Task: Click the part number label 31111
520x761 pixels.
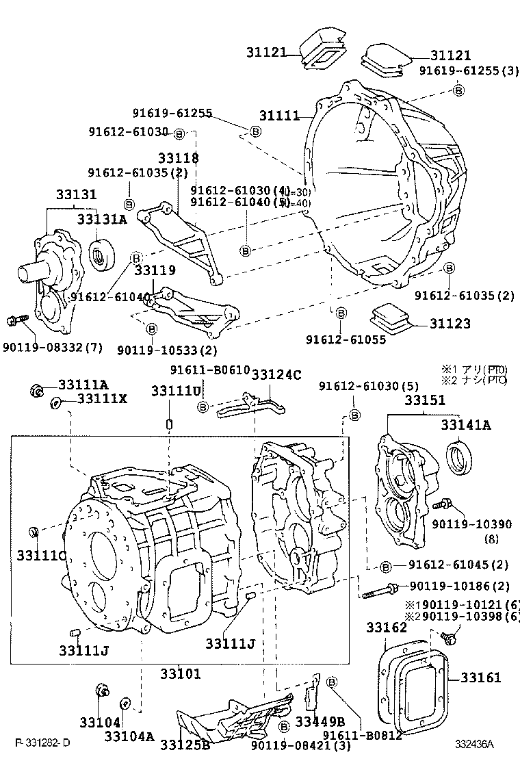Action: [x=279, y=116]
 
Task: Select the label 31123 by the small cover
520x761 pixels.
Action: [x=452, y=322]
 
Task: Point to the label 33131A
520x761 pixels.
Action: [x=101, y=219]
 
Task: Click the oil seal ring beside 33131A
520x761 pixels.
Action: [x=104, y=255]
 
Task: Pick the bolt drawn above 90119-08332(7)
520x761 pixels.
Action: [x=16, y=320]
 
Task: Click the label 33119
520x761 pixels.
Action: [x=155, y=270]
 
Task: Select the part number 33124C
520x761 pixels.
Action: [x=276, y=374]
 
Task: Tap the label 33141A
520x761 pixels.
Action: [x=465, y=425]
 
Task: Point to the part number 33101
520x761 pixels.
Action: [x=180, y=673]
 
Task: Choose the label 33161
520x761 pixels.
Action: [x=480, y=678]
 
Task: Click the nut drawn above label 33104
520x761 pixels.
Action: [x=101, y=691]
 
